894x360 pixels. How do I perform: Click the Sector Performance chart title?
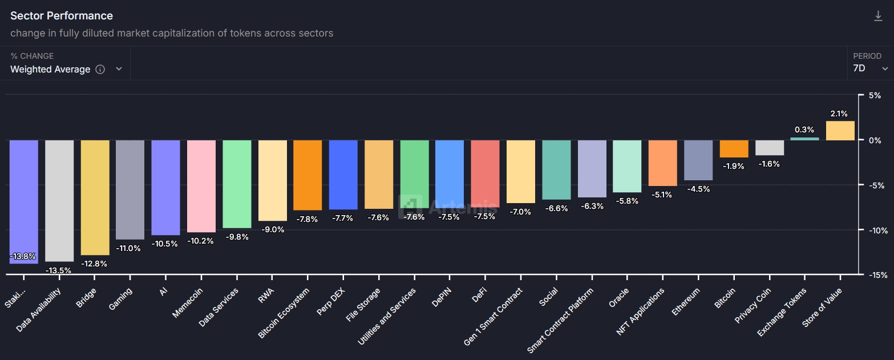(62, 16)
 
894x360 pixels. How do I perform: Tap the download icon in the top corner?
(878, 16)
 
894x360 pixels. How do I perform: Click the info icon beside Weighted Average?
(100, 70)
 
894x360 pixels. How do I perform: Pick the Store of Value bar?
(840, 131)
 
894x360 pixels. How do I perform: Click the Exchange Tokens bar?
(804, 139)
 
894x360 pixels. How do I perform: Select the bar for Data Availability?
(59, 200)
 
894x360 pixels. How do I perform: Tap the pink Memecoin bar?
(201, 186)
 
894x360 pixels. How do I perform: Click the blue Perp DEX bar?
(343, 175)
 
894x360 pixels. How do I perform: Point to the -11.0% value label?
(130, 248)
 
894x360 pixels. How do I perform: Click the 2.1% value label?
(839, 114)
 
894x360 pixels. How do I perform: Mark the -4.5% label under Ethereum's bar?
(698, 189)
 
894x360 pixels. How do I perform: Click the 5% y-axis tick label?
(875, 95)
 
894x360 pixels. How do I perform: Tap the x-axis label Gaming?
(121, 298)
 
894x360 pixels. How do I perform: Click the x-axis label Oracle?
(619, 297)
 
